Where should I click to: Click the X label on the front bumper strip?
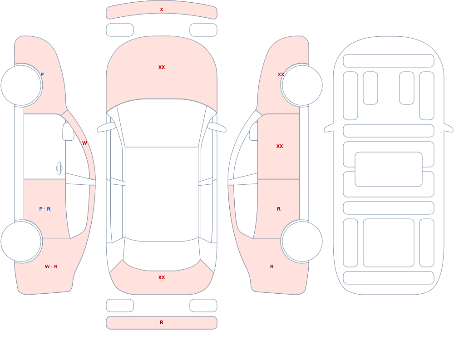click(x=162, y=10)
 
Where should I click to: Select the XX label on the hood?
click(x=162, y=67)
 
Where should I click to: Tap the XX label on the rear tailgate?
click(x=162, y=277)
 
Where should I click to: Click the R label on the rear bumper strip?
click(x=162, y=322)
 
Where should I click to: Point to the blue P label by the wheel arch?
click(x=42, y=74)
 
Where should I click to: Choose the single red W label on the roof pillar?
click(x=84, y=143)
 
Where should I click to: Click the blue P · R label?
click(x=45, y=209)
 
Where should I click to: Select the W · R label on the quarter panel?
click(x=51, y=266)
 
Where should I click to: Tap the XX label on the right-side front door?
click(x=280, y=146)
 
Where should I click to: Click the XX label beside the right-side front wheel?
click(x=281, y=74)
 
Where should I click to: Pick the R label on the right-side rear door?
click(x=279, y=209)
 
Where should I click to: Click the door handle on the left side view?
click(x=59, y=168)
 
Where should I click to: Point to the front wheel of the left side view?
click(x=21, y=85)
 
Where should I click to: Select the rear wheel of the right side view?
click(x=302, y=241)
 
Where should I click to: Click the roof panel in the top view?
click(x=162, y=194)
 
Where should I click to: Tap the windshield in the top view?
click(x=162, y=123)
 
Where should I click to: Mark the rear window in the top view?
click(x=162, y=255)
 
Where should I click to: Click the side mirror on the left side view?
click(x=69, y=132)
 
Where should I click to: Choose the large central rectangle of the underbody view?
click(x=389, y=169)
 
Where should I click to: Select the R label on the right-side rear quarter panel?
click(x=272, y=266)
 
